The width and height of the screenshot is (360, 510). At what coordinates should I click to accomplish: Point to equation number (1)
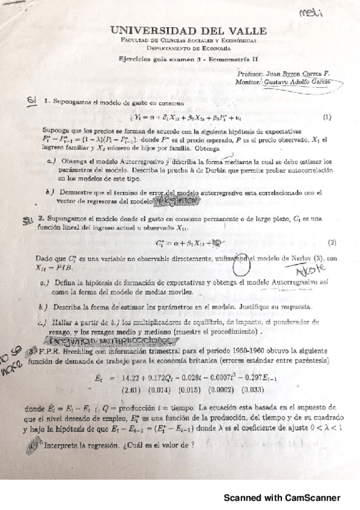coord(327,117)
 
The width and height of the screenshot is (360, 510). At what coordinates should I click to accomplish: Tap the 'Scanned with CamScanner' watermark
coord(282,497)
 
